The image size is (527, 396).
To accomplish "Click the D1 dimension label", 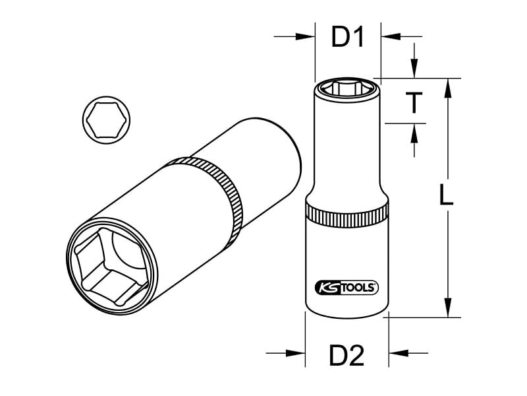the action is click(x=348, y=37).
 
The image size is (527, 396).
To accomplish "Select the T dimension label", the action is click(x=414, y=103).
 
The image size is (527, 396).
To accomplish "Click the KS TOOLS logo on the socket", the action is click(x=347, y=288).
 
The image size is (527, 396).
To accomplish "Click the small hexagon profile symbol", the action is click(x=106, y=120).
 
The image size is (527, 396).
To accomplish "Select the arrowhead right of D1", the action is click(x=391, y=36).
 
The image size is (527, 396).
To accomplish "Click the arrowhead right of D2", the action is click(x=399, y=353).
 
